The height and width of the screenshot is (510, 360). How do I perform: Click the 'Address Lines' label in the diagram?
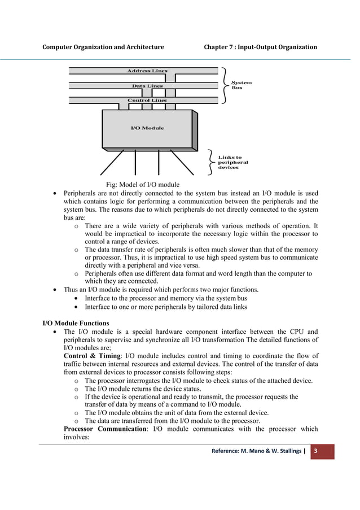click(x=146, y=71)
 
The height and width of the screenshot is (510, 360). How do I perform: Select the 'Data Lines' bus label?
click(x=147, y=86)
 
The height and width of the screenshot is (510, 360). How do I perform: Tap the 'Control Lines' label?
click(x=147, y=101)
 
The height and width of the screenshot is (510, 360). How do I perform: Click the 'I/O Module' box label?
click(x=147, y=128)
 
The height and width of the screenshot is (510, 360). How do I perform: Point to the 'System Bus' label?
click(x=242, y=85)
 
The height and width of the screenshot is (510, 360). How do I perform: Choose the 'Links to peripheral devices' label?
click(x=232, y=162)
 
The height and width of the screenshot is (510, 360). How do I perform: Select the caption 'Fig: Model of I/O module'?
click(x=143, y=184)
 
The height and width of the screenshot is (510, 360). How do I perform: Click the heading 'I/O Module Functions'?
click(x=76, y=324)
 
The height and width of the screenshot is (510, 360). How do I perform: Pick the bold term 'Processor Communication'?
click(x=106, y=429)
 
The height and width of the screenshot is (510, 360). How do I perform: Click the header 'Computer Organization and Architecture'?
click(x=104, y=46)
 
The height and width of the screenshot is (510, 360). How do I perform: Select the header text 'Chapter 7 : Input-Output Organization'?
click(x=260, y=46)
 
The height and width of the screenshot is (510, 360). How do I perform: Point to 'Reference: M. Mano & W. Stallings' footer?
click(x=256, y=451)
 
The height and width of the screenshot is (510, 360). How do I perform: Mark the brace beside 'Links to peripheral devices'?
click(x=210, y=162)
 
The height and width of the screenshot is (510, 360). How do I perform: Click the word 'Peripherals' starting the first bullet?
click(x=82, y=193)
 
